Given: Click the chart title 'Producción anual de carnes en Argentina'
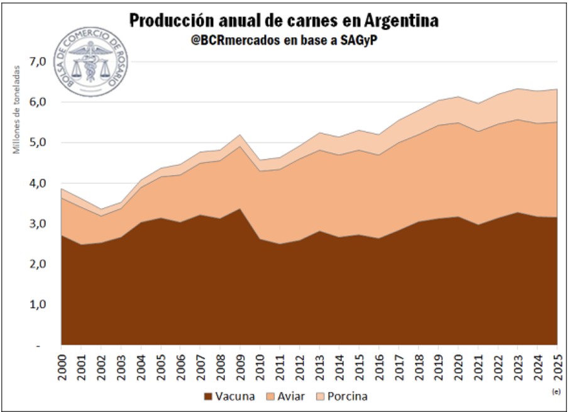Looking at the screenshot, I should [284, 21].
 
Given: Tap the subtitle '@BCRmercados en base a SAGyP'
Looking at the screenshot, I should [284, 40].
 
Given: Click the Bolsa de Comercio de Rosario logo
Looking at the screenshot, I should [91, 64].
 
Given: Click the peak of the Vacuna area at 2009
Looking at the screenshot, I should [239, 209].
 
